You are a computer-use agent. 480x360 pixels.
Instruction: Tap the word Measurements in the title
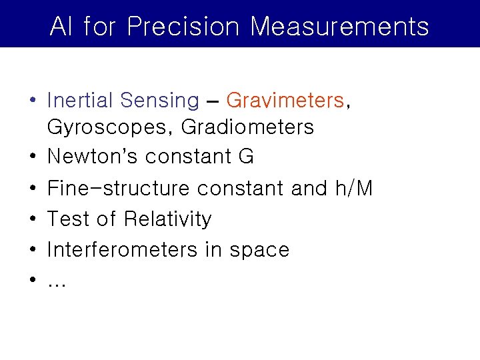coord(340,27)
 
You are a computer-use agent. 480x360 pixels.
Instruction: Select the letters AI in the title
coord(61,27)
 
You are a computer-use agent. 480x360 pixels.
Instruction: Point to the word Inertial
coord(79,101)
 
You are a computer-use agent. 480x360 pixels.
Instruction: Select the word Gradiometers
coord(247,127)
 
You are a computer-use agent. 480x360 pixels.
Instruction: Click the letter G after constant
coord(245,157)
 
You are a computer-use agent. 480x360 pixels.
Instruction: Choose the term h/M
coord(353,189)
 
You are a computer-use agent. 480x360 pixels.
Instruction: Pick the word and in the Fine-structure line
coord(309,189)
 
